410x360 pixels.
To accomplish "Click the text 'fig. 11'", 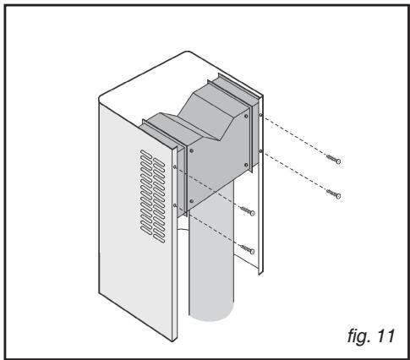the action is [370, 335].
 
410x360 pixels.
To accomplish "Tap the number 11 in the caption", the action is [385, 335].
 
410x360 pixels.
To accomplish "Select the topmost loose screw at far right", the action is [334, 159].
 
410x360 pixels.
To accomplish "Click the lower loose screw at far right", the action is [334, 194].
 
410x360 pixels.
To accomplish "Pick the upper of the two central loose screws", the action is [248, 210].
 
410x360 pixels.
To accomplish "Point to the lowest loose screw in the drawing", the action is [248, 249].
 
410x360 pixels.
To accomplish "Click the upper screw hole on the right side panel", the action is [260, 115].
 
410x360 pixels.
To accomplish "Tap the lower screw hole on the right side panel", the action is [260, 151].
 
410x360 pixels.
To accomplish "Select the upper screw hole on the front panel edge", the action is [175, 167].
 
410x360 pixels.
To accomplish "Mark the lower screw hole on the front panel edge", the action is [175, 205].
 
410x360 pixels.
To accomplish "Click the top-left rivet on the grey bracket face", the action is [192, 150].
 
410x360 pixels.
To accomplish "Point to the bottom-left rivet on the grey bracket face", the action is [192, 201].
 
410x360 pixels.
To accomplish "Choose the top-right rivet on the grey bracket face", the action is [247, 116].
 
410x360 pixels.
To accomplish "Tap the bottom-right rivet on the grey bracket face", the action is [247, 165].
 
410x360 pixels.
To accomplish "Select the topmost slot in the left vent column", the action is [146, 154].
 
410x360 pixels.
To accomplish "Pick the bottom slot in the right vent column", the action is [159, 238].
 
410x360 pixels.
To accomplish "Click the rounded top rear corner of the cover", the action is [187, 52].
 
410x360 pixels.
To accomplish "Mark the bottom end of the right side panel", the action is [260, 273].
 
